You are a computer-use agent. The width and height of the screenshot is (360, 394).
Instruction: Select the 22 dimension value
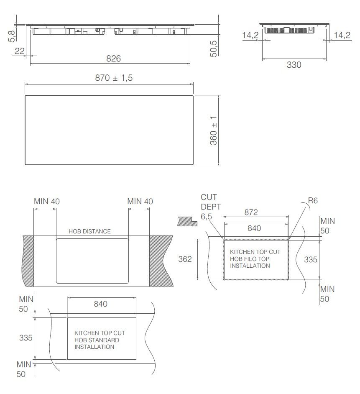pos(20,51)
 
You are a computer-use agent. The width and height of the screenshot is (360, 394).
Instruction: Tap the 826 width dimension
pos(113,59)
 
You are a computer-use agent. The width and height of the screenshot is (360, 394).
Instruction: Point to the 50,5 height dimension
pos(214,49)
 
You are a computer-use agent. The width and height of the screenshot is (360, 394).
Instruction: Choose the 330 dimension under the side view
pos(294,65)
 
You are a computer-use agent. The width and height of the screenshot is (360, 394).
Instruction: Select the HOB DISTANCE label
pos(90,231)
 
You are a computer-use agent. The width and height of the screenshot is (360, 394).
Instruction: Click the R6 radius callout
pos(313,201)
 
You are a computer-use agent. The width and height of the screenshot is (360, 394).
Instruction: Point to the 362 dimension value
pos(185,259)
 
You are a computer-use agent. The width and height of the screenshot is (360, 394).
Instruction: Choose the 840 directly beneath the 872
pos(254,228)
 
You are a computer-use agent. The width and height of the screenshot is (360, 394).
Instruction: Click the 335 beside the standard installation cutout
pos(26,338)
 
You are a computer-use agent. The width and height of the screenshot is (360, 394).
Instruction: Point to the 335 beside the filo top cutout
pos(310,259)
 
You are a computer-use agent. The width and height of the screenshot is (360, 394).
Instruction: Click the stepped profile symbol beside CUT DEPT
pos(187,221)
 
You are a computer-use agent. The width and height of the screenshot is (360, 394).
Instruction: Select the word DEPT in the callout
pos(211,206)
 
